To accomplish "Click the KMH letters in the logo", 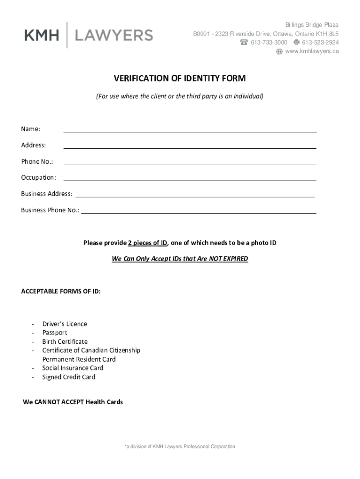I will click(42, 35).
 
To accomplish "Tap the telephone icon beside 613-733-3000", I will click(244, 43).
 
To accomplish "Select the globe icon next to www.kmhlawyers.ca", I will click(279, 51).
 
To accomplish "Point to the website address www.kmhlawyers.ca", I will click(312, 51).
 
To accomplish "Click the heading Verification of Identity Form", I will click(180, 78).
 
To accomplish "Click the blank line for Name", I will click(190, 131).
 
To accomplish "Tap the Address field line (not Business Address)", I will click(190, 148).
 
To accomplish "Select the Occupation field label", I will click(38, 177).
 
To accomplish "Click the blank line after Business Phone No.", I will click(199, 213).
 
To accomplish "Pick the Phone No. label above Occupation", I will click(37, 161).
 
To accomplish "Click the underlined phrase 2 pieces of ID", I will click(148, 243).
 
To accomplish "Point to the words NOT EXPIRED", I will click(229, 259).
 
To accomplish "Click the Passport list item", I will click(55, 333).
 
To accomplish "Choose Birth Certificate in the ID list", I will click(65, 341).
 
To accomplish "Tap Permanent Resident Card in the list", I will click(79, 359).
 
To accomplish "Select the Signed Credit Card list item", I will click(69, 377).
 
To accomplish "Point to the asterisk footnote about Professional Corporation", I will click(180, 447).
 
